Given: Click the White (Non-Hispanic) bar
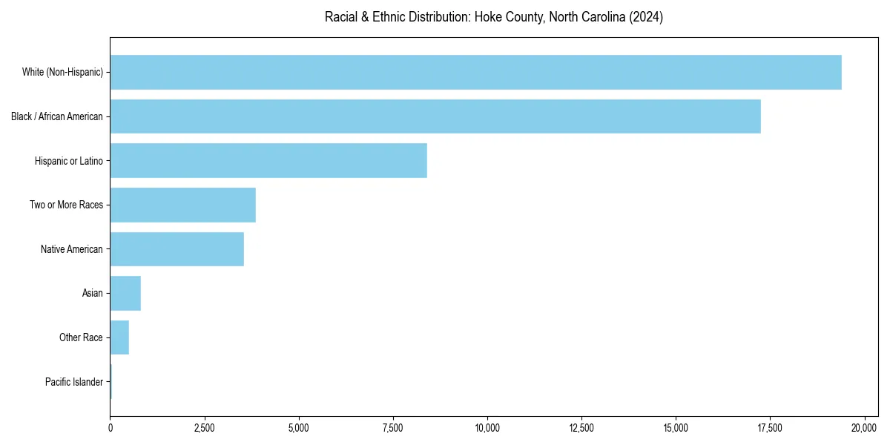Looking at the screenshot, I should (475, 72).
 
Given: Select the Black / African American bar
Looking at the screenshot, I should (435, 116).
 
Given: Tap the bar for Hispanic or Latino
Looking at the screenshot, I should (268, 160).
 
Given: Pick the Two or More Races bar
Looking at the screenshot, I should (183, 205).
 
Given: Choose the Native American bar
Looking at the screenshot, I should (177, 249).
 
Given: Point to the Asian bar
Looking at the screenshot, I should (125, 293).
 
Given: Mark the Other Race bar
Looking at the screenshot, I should (119, 337).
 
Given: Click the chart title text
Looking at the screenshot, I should (494, 17).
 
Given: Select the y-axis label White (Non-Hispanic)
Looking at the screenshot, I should (62, 72).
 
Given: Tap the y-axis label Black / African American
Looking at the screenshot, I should (57, 116).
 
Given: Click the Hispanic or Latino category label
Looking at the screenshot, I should (69, 160).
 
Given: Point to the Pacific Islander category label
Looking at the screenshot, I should (74, 382).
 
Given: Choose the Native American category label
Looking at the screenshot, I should (72, 249).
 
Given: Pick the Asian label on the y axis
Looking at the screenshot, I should (93, 293).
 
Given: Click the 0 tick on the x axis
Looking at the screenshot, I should (111, 428).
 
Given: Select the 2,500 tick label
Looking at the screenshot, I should (205, 428).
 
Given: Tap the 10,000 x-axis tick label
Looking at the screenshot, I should (487, 428).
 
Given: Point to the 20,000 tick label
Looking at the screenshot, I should (864, 428).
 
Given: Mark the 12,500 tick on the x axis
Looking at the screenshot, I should (581, 428).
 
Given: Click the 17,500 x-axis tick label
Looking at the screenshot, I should (770, 428).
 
